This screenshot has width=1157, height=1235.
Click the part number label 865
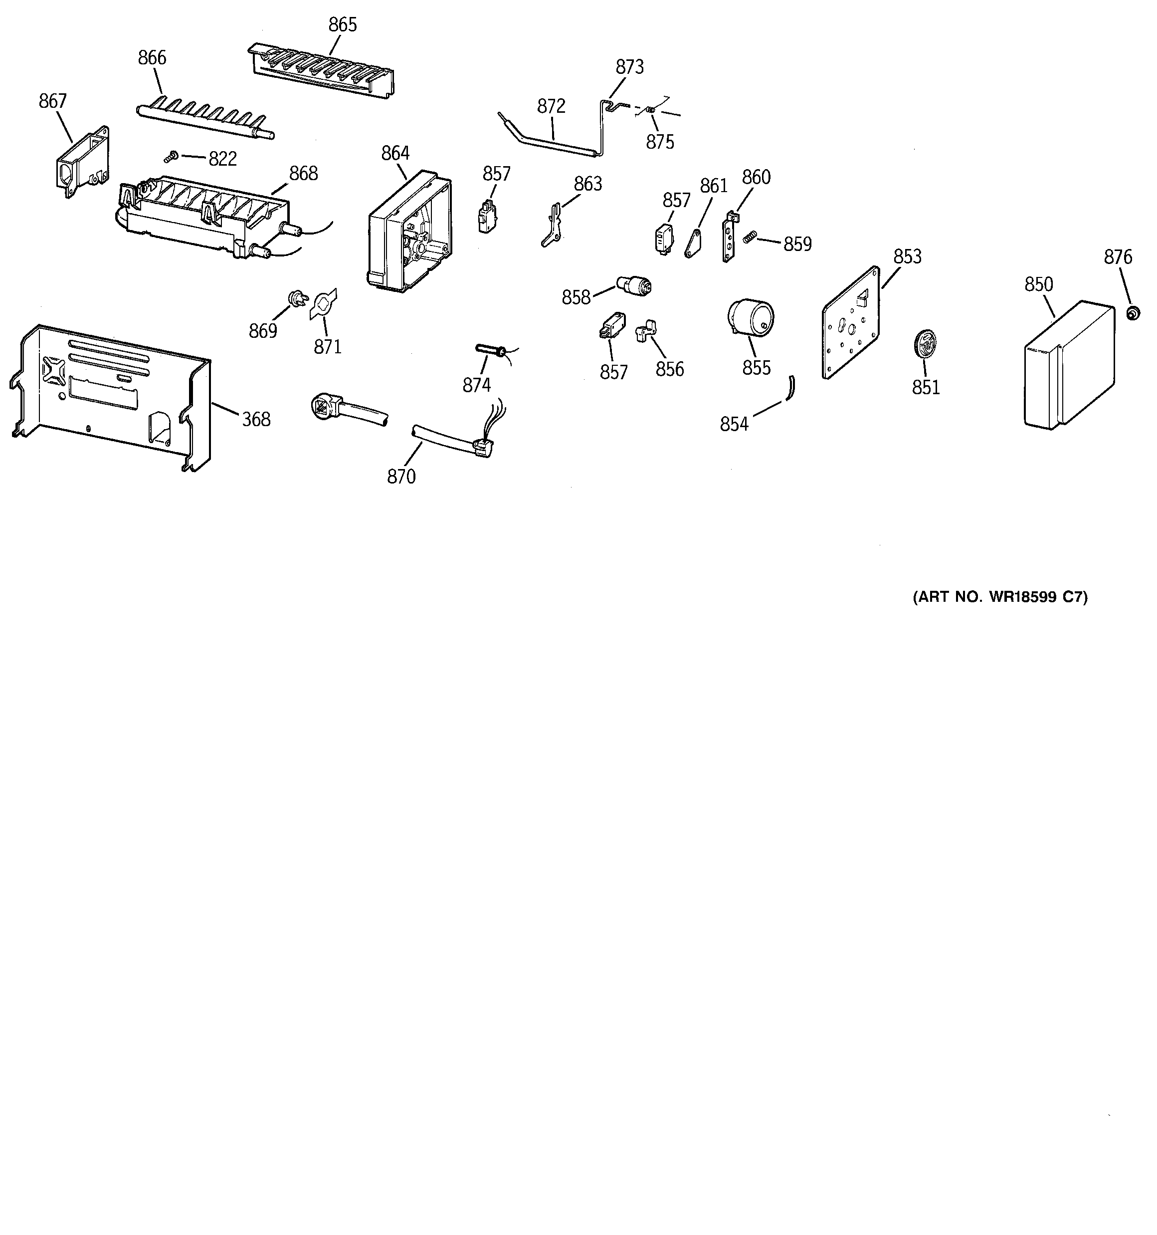342,25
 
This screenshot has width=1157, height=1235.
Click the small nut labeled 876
1133,313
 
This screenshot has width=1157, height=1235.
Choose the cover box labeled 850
1068,365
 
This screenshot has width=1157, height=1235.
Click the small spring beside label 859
750,237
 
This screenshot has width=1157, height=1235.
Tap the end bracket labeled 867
81,160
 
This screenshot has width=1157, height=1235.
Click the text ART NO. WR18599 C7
1000,597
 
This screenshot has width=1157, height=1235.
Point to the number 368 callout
256,420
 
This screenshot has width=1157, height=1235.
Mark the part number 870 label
401,477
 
